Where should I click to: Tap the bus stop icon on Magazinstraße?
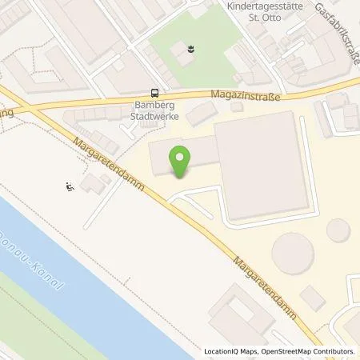click(155, 93)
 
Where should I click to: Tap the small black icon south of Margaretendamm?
click(70, 187)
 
